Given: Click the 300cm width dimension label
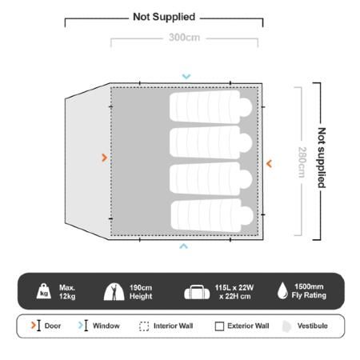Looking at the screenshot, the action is (184, 38).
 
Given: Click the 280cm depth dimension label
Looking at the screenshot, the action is (302, 162).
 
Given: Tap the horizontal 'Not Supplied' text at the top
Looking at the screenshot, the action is (164, 17).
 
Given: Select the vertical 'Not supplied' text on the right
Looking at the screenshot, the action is (322, 158).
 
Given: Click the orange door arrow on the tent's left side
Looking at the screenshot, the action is (105, 158).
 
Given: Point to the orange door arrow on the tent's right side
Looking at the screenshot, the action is (269, 163).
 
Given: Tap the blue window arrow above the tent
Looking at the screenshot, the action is (186, 77).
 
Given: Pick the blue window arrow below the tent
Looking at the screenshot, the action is (183, 246).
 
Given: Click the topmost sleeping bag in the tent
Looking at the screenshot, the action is (211, 106).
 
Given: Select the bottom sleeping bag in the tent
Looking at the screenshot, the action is (212, 216).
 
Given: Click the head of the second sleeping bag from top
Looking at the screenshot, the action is (246, 142).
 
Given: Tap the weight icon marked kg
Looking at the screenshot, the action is (44, 291).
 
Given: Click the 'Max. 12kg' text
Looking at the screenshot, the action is (67, 292).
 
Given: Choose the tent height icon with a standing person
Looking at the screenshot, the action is (114, 291).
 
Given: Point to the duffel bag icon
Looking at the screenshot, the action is (197, 292).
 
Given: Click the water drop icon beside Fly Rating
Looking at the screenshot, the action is (282, 290).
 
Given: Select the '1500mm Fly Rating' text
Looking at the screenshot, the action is (309, 291).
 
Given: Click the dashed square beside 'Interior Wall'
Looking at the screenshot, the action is (144, 326).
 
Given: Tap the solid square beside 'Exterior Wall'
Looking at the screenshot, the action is (219, 326).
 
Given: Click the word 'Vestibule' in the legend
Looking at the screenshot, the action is (313, 326).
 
